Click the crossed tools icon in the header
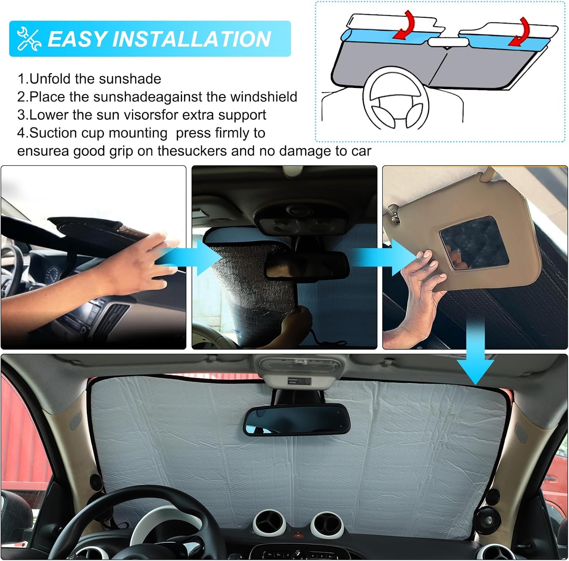click(29, 38)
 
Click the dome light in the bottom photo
click(300, 365)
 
